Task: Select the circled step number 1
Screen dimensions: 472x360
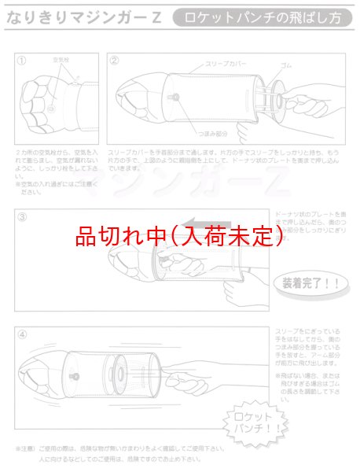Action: pos(22,60)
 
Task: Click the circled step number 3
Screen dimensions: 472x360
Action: pos(22,216)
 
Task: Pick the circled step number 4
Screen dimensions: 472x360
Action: pos(22,333)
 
